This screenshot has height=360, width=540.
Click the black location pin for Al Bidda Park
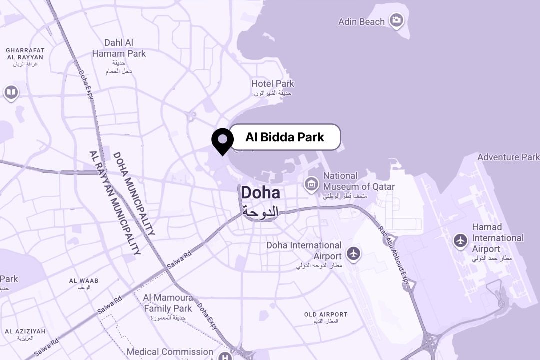222,140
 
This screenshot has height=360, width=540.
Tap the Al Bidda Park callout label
285,137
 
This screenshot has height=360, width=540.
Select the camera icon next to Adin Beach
397,20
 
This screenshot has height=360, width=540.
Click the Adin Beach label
361,22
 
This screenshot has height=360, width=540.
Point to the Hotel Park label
273,84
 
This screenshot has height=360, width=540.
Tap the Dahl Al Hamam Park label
119,48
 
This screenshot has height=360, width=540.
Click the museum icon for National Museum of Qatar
311,184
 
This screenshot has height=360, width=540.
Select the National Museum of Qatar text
358,181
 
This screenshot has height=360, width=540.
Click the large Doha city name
260,193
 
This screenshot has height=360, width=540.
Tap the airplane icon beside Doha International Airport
354,253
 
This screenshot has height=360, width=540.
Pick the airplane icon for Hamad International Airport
460,240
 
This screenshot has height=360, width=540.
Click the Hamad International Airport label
497,238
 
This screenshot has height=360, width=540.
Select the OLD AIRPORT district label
325,315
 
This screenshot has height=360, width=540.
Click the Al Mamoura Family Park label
168,303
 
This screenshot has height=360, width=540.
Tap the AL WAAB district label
83,281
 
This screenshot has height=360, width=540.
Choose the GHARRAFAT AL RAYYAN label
25,54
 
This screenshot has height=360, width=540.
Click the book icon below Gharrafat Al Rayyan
11,92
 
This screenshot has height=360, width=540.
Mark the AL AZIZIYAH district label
25,331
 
